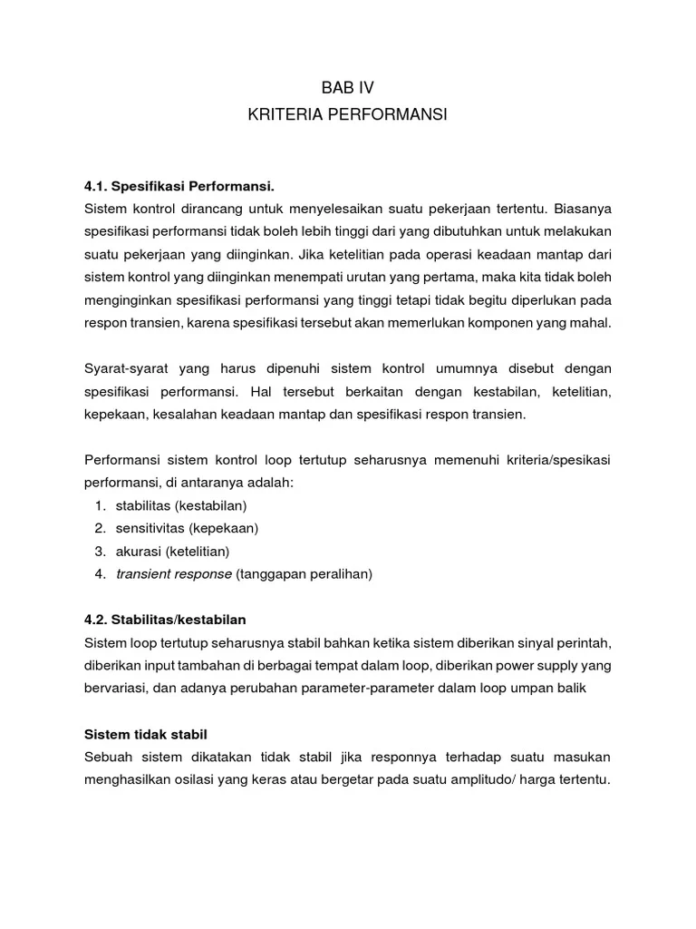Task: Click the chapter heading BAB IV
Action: pyautogui.click(x=347, y=88)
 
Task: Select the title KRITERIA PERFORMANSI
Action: pyautogui.click(x=347, y=115)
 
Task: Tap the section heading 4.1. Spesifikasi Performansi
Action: pyautogui.click(x=166, y=187)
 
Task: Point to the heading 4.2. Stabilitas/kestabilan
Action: pyautogui.click(x=165, y=619)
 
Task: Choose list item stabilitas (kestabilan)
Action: pyautogui.click(x=181, y=505)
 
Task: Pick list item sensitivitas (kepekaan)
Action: pyautogui.click(x=188, y=528)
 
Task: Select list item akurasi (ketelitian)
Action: pyautogui.click(x=172, y=551)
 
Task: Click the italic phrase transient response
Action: pyautogui.click(x=174, y=574)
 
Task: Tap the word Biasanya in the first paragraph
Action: pyautogui.click(x=581, y=210)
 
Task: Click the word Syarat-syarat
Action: pyautogui.click(x=126, y=368)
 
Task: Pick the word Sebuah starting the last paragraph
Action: pyautogui.click(x=109, y=758)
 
